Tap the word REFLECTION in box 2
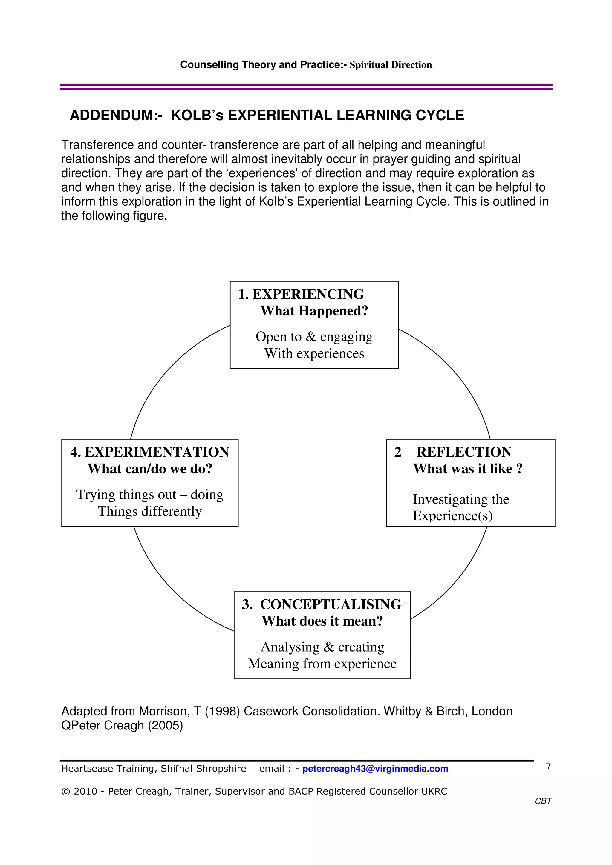(x=464, y=452)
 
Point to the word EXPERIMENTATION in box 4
(x=157, y=452)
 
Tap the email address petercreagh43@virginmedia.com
(x=375, y=769)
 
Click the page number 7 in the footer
(x=548, y=766)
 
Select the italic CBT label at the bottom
(x=543, y=801)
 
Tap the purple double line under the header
(x=306, y=87)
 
